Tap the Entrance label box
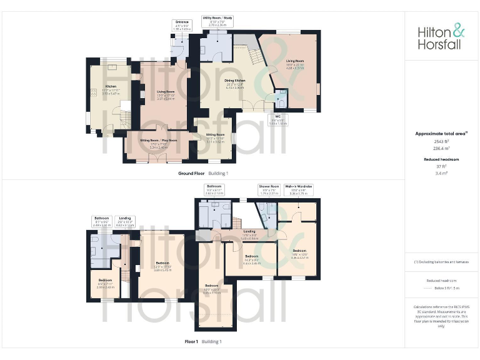[182, 25]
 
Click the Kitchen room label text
[111, 86]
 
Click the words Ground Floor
[191, 173]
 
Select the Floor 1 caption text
[191, 342]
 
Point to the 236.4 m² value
[441, 148]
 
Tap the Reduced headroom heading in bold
[441, 159]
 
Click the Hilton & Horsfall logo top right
[441, 37]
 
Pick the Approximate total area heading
[441, 133]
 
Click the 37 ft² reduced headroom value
[441, 166]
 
